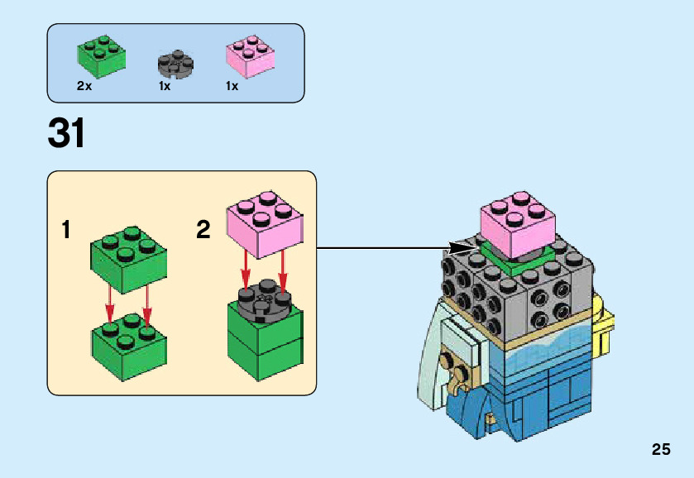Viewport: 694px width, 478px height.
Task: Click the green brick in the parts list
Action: coord(101,55)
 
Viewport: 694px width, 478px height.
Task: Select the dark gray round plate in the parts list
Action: coord(175,64)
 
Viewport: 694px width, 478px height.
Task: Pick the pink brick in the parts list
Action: coord(249,55)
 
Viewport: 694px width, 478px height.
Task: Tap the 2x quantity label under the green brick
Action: coord(84,86)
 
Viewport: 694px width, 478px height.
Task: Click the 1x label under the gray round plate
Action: coord(165,86)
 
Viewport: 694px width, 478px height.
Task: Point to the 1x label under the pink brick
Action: coord(232,86)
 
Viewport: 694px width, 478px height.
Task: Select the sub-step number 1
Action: coord(66,229)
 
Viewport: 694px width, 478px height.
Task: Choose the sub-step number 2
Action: coord(203,229)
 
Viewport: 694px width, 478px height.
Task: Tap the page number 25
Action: coord(660,450)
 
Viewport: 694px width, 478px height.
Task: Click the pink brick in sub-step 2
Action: coord(263,222)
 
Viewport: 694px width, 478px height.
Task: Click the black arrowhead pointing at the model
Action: coord(464,247)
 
